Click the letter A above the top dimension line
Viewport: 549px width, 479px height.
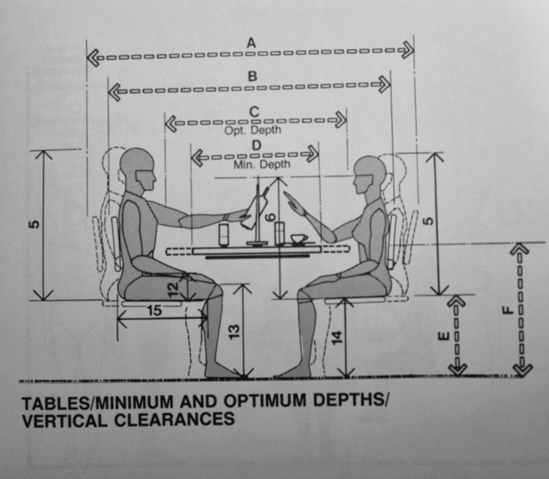tap(252, 43)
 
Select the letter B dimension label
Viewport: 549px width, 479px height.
tap(253, 76)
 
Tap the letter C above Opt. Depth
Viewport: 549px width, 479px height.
tap(254, 112)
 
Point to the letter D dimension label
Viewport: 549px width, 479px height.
tap(256, 145)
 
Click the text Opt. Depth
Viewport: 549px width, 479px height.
tap(253, 131)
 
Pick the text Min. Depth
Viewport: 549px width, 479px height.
tap(262, 165)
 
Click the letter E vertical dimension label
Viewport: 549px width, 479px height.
tap(443, 336)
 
